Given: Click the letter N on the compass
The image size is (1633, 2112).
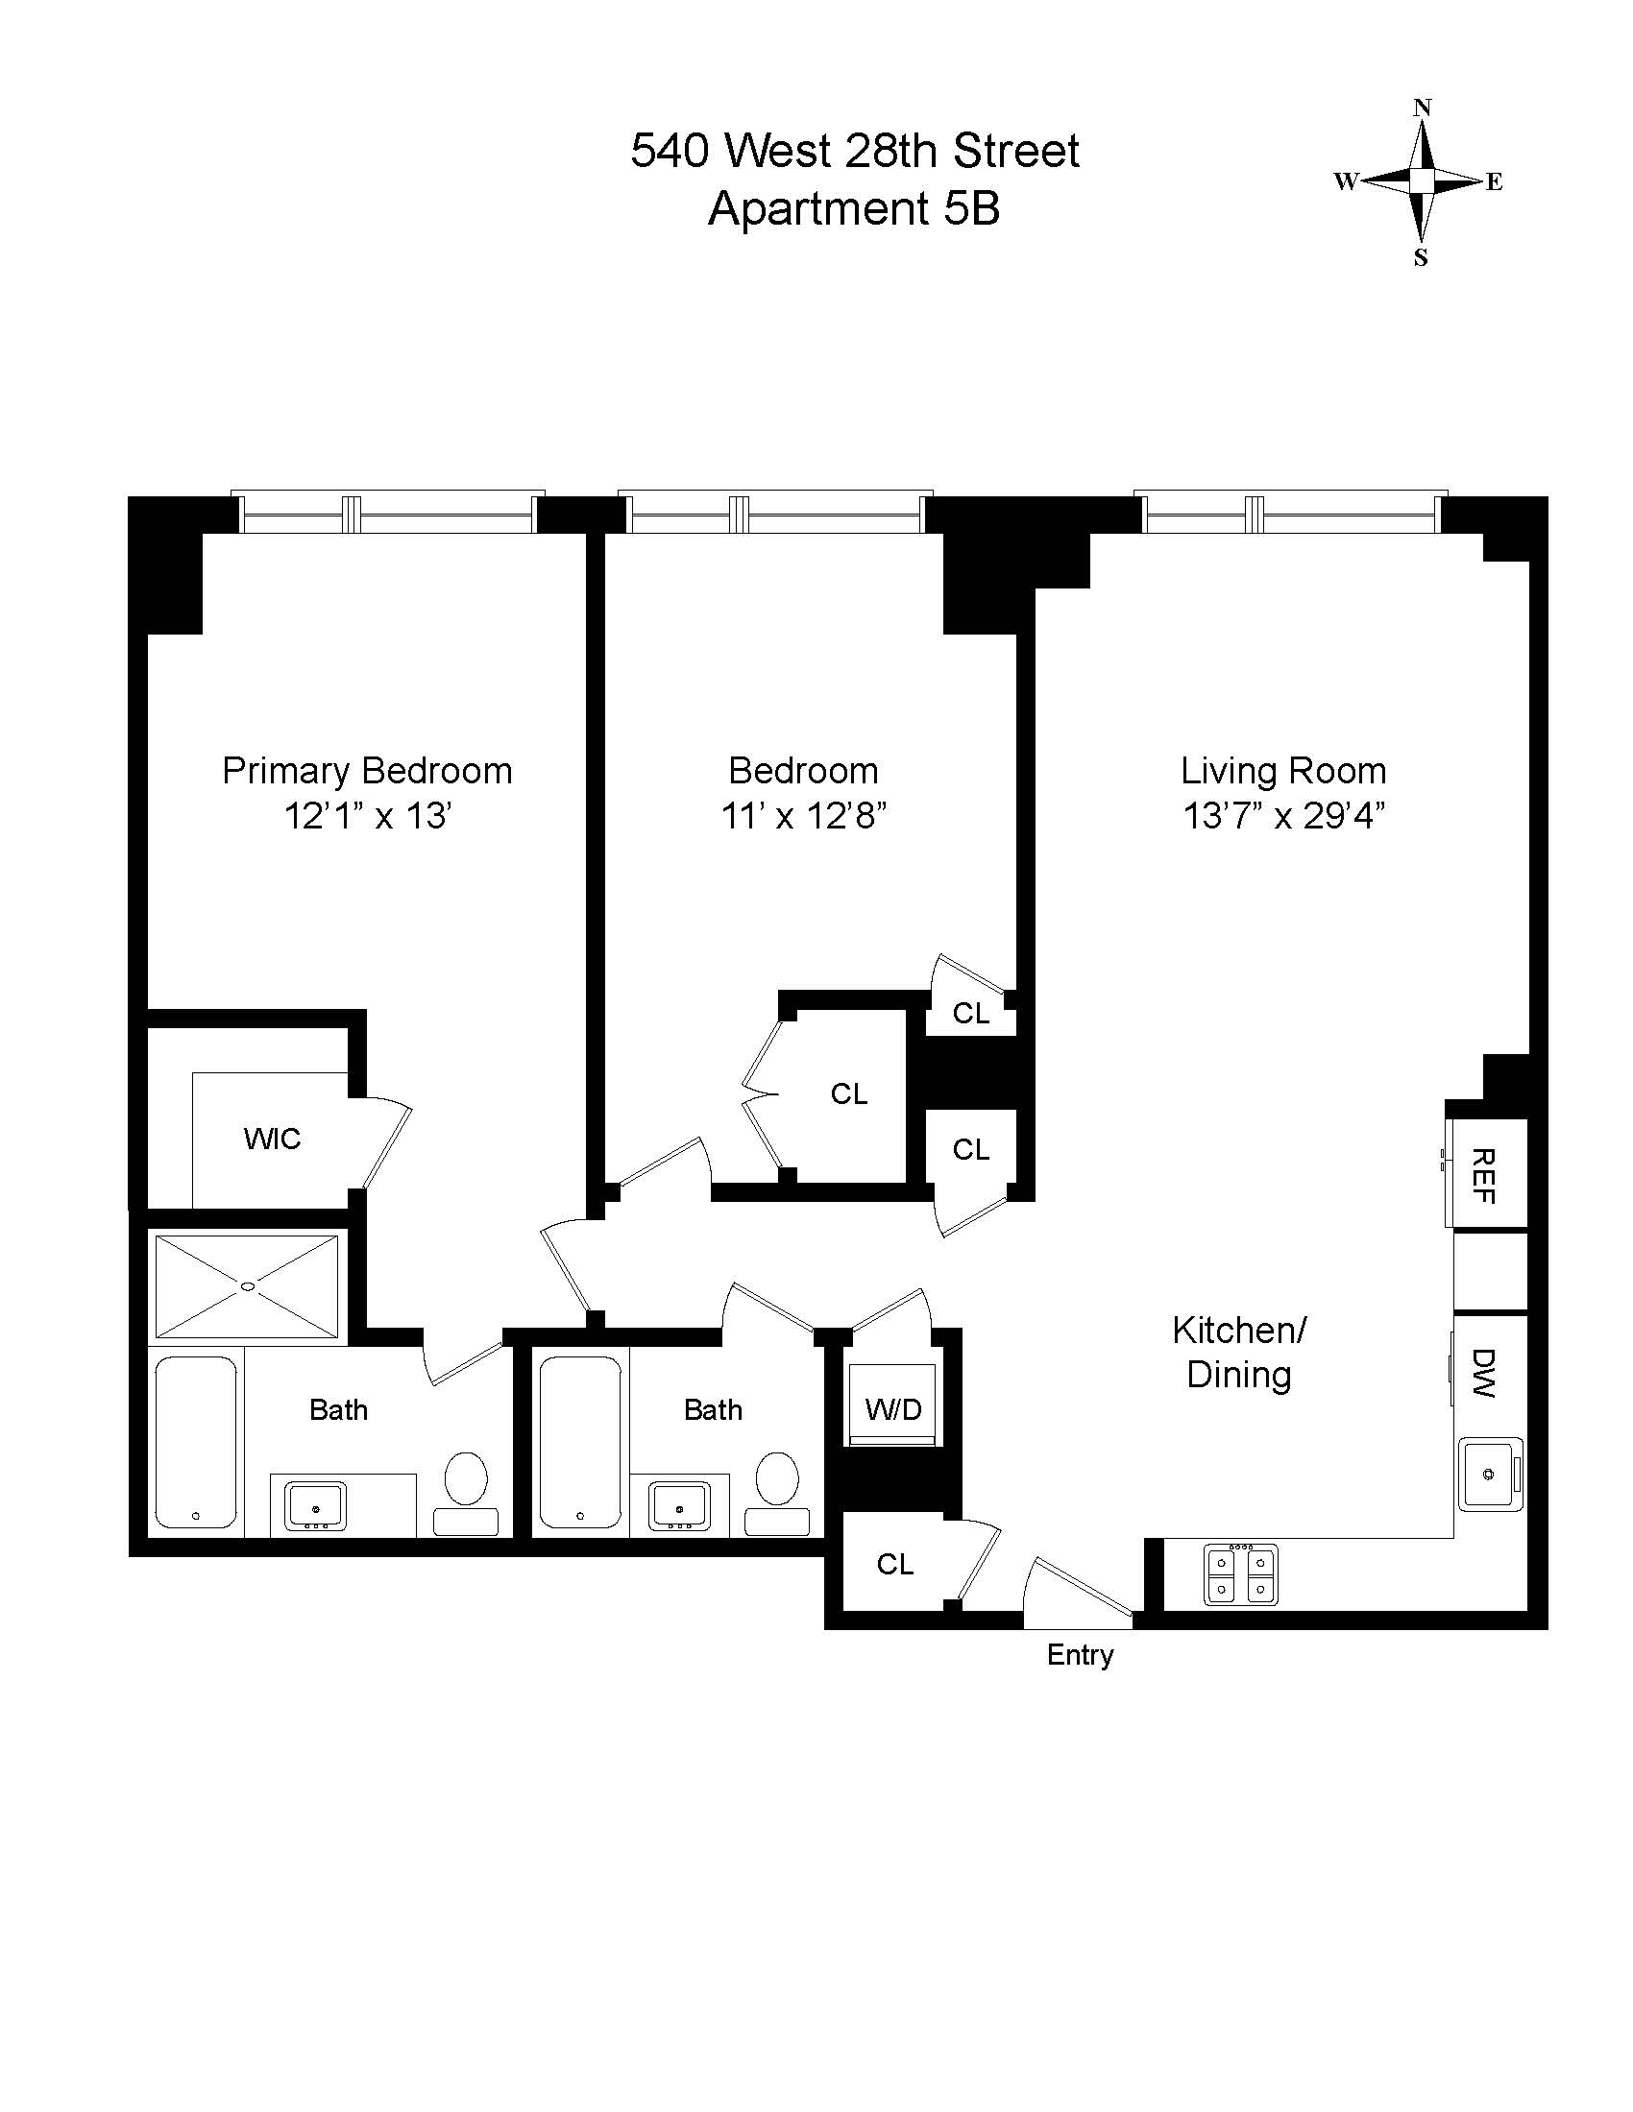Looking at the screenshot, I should (1421, 108).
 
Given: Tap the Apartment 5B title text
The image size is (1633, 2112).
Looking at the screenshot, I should (853, 209).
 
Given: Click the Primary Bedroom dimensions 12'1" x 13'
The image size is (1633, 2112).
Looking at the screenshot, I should (369, 816).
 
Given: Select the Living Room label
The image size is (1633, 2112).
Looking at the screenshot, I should (1282, 771).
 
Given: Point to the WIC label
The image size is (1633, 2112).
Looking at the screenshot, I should (272, 1140).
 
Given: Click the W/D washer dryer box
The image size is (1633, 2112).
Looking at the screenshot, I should (892, 1408).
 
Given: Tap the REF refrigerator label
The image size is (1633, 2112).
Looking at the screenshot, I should (1482, 1176).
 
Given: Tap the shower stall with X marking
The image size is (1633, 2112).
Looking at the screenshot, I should (248, 1286).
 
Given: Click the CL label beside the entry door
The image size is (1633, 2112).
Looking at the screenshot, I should (894, 1565).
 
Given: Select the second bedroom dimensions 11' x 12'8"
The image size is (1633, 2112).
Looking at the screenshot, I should (803, 816).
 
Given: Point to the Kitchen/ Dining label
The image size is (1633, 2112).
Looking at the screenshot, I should (1239, 1352).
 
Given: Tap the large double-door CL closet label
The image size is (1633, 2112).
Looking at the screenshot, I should (848, 1093).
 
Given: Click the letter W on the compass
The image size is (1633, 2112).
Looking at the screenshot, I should (1346, 181).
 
